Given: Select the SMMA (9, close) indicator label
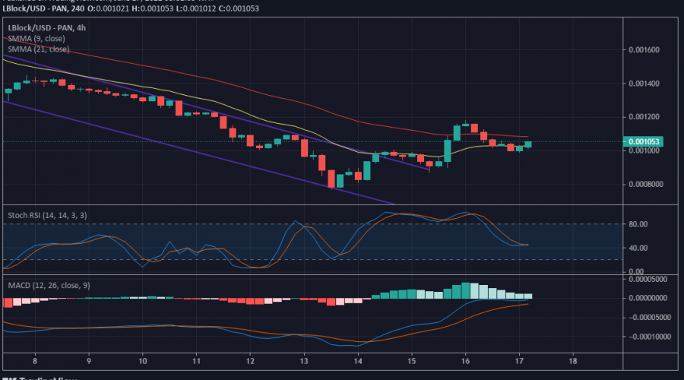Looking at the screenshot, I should click(x=36, y=38).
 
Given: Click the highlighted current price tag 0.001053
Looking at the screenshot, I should click(x=644, y=141).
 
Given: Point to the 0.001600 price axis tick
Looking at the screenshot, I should click(x=644, y=50).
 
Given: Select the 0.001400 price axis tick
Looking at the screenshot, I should click(x=644, y=84).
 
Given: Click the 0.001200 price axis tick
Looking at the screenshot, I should click(x=644, y=117).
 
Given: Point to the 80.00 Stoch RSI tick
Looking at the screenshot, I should click(x=638, y=224).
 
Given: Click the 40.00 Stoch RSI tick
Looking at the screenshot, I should click(x=638, y=248).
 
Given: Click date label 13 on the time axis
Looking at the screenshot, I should click(x=304, y=362).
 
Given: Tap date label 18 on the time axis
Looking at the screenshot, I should click(x=572, y=362).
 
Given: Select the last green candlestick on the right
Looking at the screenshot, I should click(x=527, y=144).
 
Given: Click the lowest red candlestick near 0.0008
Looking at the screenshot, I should click(x=331, y=179).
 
